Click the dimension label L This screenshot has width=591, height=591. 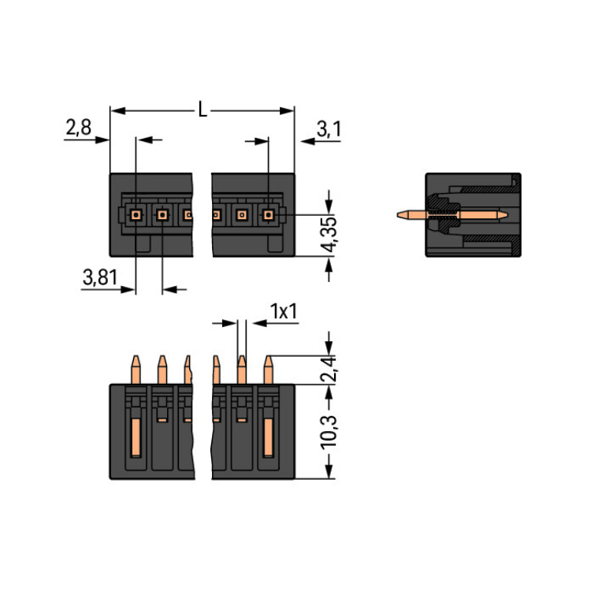point(203,110)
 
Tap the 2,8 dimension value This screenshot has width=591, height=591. point(78,128)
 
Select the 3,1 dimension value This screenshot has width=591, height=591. point(329,128)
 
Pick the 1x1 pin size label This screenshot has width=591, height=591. point(283,312)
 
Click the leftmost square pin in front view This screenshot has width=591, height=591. point(136,214)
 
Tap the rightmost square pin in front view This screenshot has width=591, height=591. point(268,214)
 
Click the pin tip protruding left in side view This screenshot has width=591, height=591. point(403,214)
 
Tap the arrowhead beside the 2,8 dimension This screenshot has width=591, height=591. point(103,140)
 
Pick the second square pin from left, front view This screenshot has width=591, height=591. point(162,214)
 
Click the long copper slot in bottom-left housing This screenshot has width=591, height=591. point(136,438)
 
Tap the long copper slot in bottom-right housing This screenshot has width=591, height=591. point(267,438)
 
